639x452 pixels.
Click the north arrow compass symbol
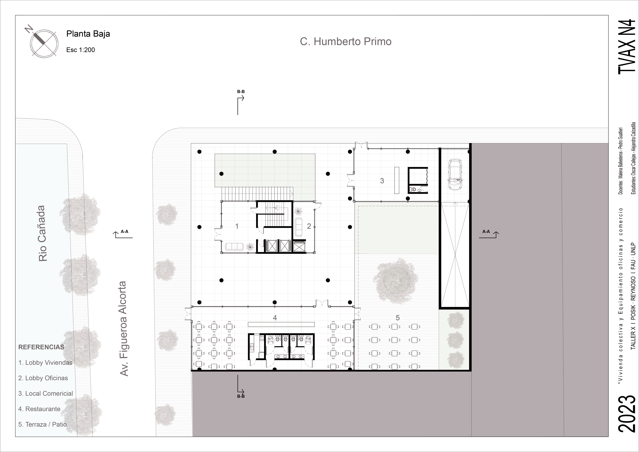(x=44, y=44)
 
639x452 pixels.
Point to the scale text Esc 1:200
(x=80, y=50)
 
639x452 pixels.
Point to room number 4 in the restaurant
(x=275, y=318)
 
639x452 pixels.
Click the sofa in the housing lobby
(x=234, y=246)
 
